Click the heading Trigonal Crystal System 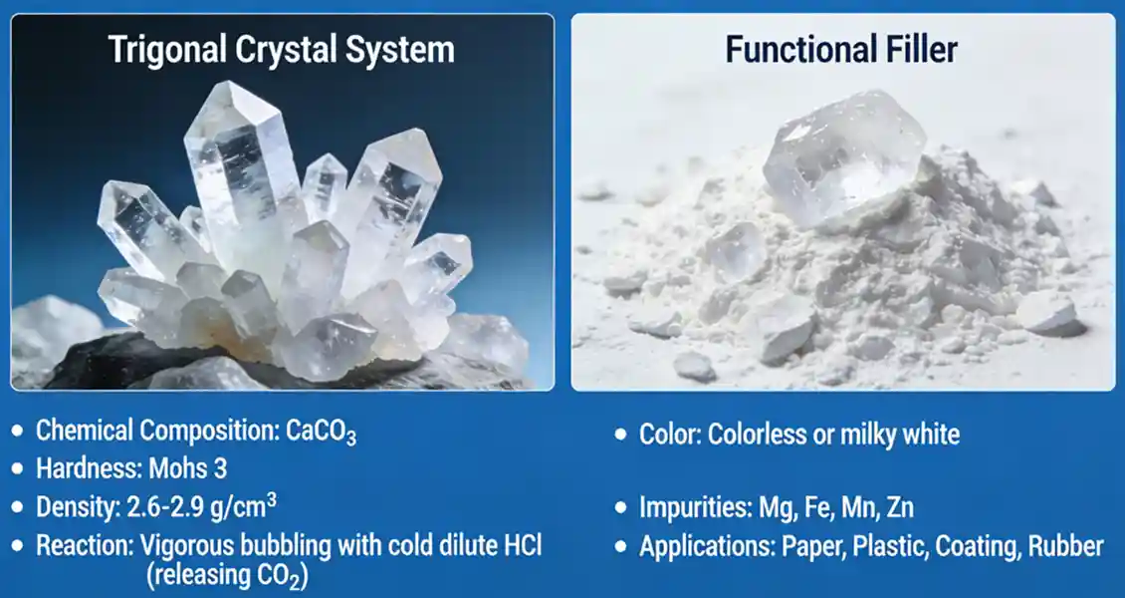[x=282, y=50]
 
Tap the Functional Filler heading [x=841, y=50]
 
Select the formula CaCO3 [x=321, y=432]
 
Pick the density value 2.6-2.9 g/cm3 [x=199, y=507]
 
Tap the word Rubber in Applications [x=1067, y=547]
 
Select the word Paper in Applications [x=801, y=547]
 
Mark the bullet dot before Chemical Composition [x=19, y=432]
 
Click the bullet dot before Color [x=621, y=436]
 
